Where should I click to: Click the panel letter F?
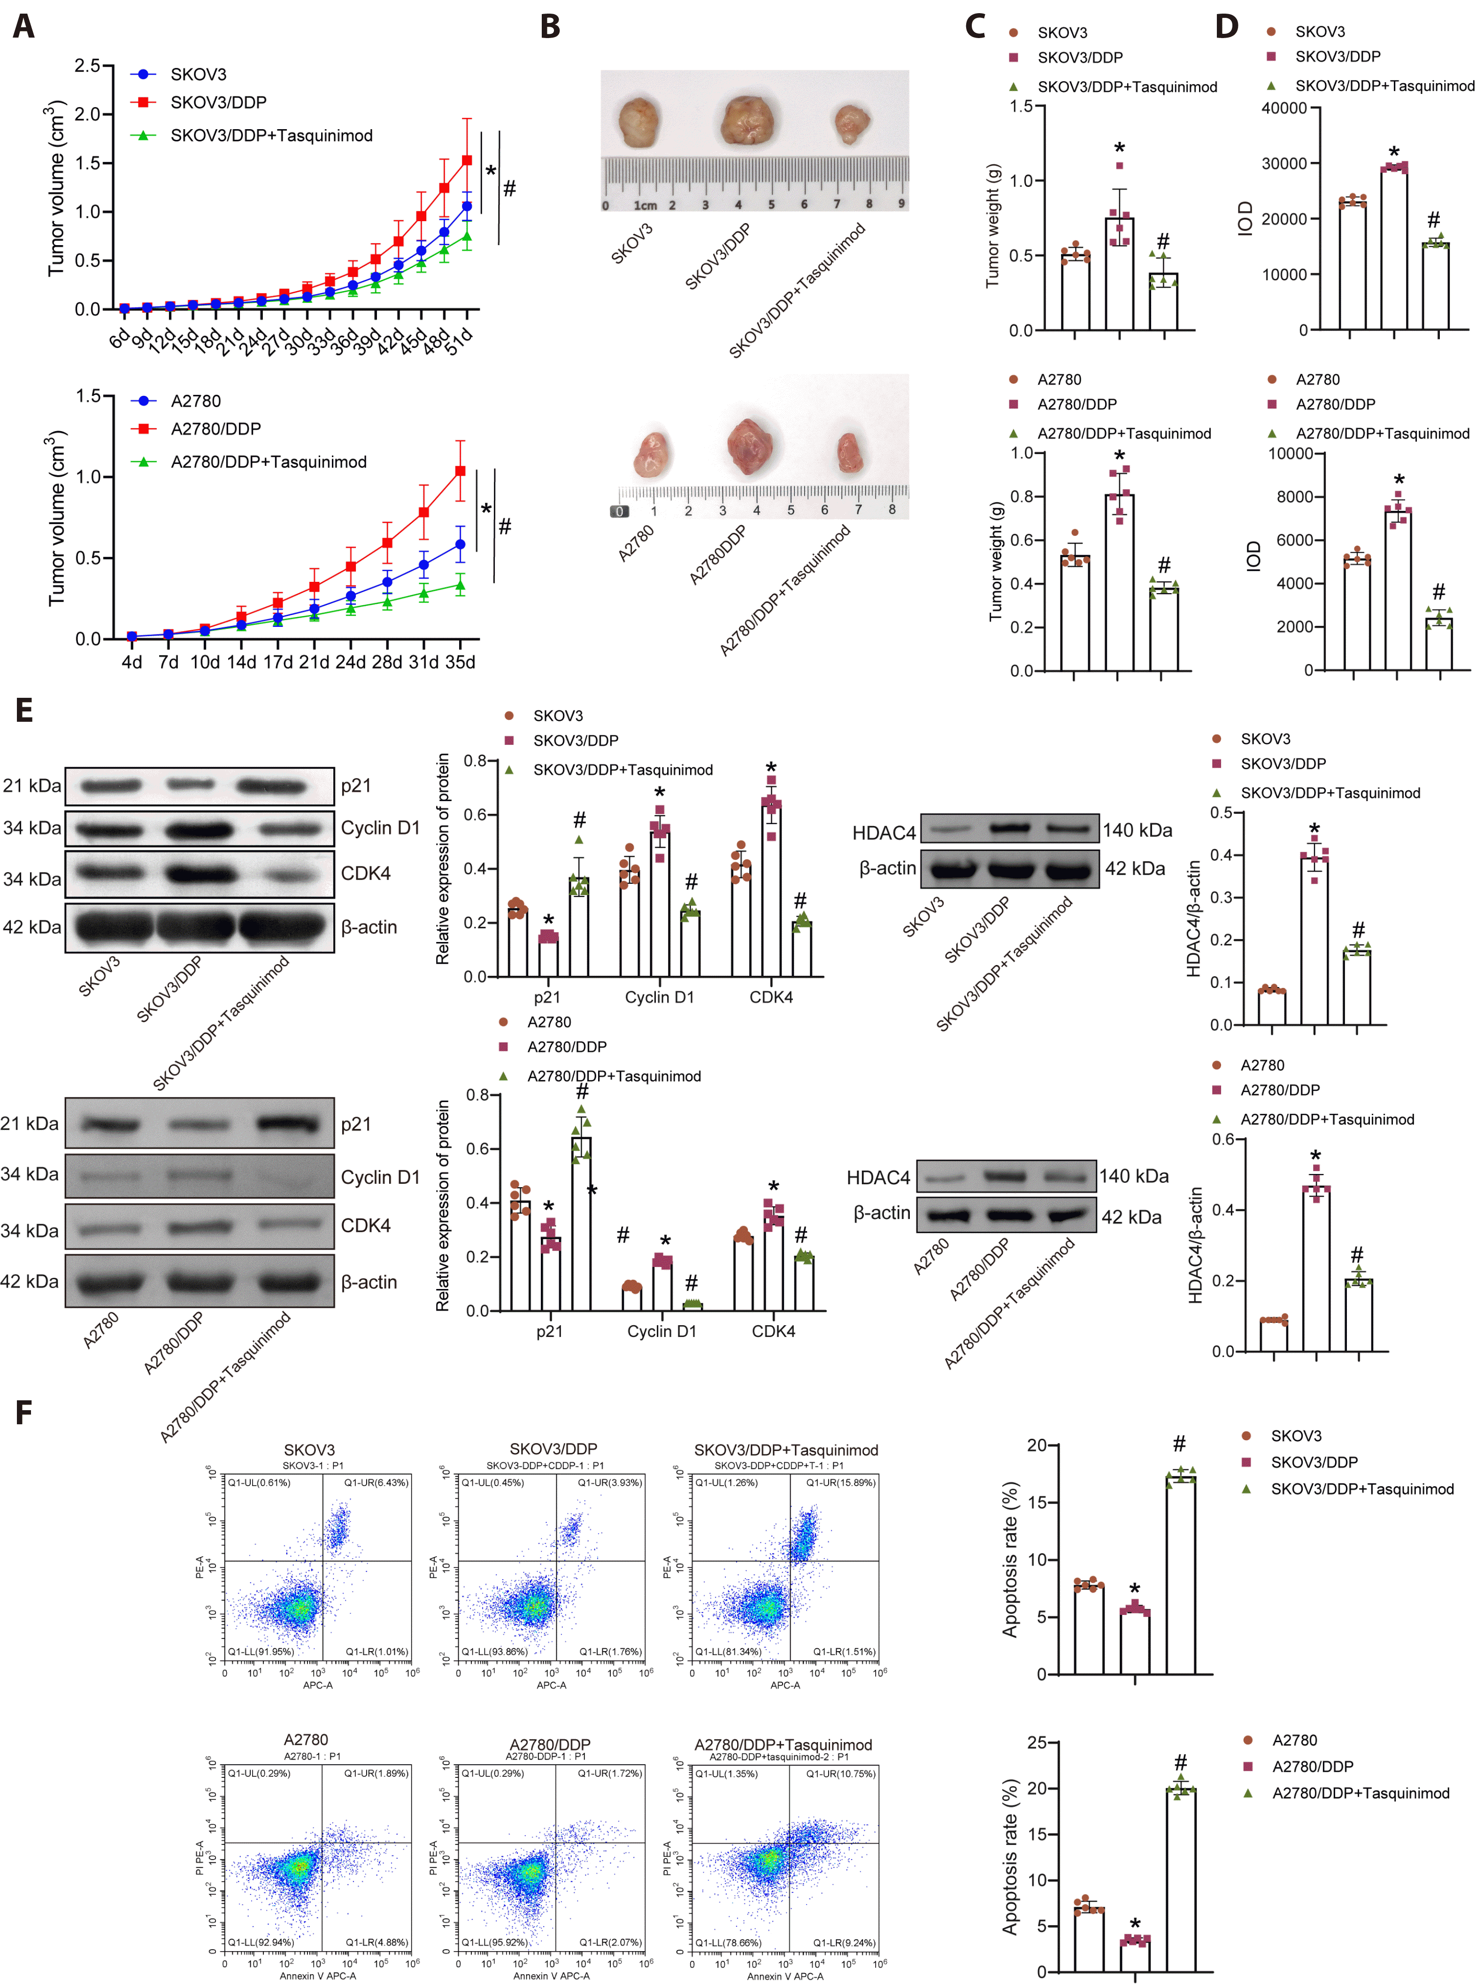tap(24, 1412)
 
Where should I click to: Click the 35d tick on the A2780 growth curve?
tap(460, 662)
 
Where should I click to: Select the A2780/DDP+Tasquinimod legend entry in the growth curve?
tap(268, 462)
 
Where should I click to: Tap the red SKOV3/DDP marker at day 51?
tap(466, 161)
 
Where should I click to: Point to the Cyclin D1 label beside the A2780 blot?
tap(380, 1177)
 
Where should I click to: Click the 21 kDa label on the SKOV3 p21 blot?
tap(32, 786)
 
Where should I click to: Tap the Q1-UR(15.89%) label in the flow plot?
tap(840, 1482)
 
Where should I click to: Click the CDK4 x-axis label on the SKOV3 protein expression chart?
tap(771, 997)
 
